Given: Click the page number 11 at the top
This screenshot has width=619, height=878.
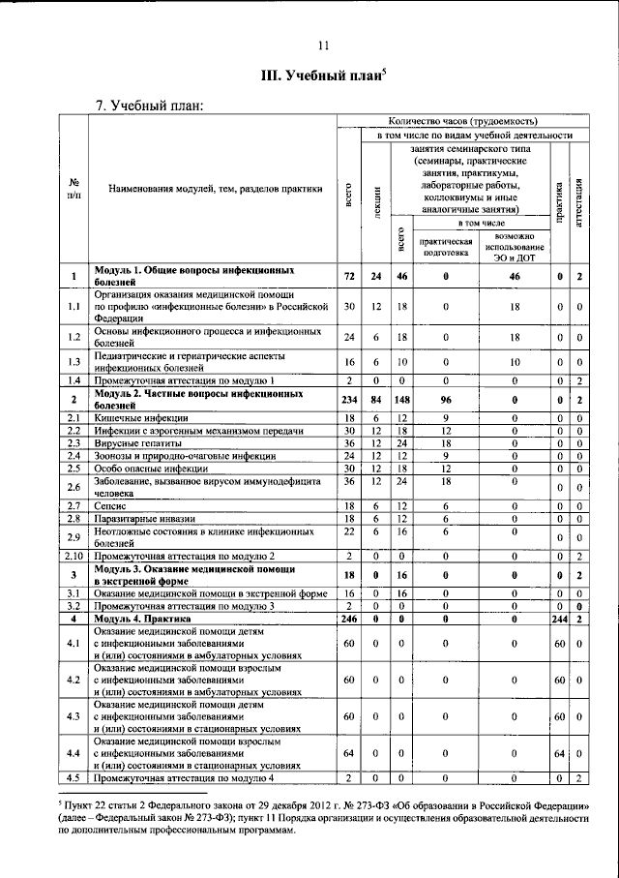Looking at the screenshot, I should (322, 44).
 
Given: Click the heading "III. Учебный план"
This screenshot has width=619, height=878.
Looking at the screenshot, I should (321, 75).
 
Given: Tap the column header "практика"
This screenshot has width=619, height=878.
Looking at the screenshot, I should (558, 201).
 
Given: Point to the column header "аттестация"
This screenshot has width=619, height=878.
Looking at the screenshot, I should (577, 201).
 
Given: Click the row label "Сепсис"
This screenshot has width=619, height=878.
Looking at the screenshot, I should (110, 505).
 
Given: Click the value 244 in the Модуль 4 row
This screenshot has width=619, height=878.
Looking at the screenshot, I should (558, 618).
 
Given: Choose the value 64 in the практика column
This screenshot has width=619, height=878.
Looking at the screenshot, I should (558, 752).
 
